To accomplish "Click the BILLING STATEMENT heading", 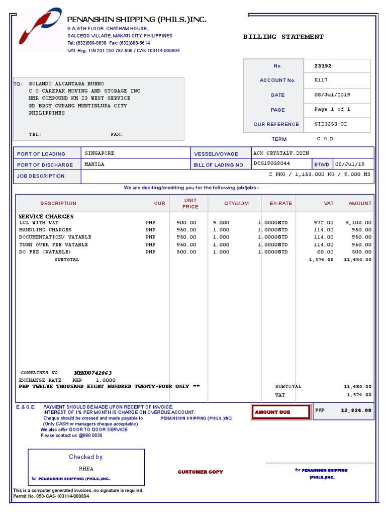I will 283,37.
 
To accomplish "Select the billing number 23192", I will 323,66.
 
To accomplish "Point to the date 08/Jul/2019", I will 332,95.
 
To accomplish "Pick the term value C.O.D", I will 325,139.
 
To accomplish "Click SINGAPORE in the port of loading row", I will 99,153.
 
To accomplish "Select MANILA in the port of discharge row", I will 94,164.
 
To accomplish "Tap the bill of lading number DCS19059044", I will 272,164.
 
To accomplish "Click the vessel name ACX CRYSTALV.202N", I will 281,153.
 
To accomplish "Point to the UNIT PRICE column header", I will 190,203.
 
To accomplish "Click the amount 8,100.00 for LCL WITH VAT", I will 358,222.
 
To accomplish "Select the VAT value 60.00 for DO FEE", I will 325,252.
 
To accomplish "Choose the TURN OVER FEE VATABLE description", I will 53,244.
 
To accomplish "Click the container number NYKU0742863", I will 93,373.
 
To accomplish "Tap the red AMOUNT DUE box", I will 280,412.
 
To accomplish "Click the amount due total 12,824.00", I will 356,410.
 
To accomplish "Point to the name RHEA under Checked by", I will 86,469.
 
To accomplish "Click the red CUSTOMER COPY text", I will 200,472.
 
